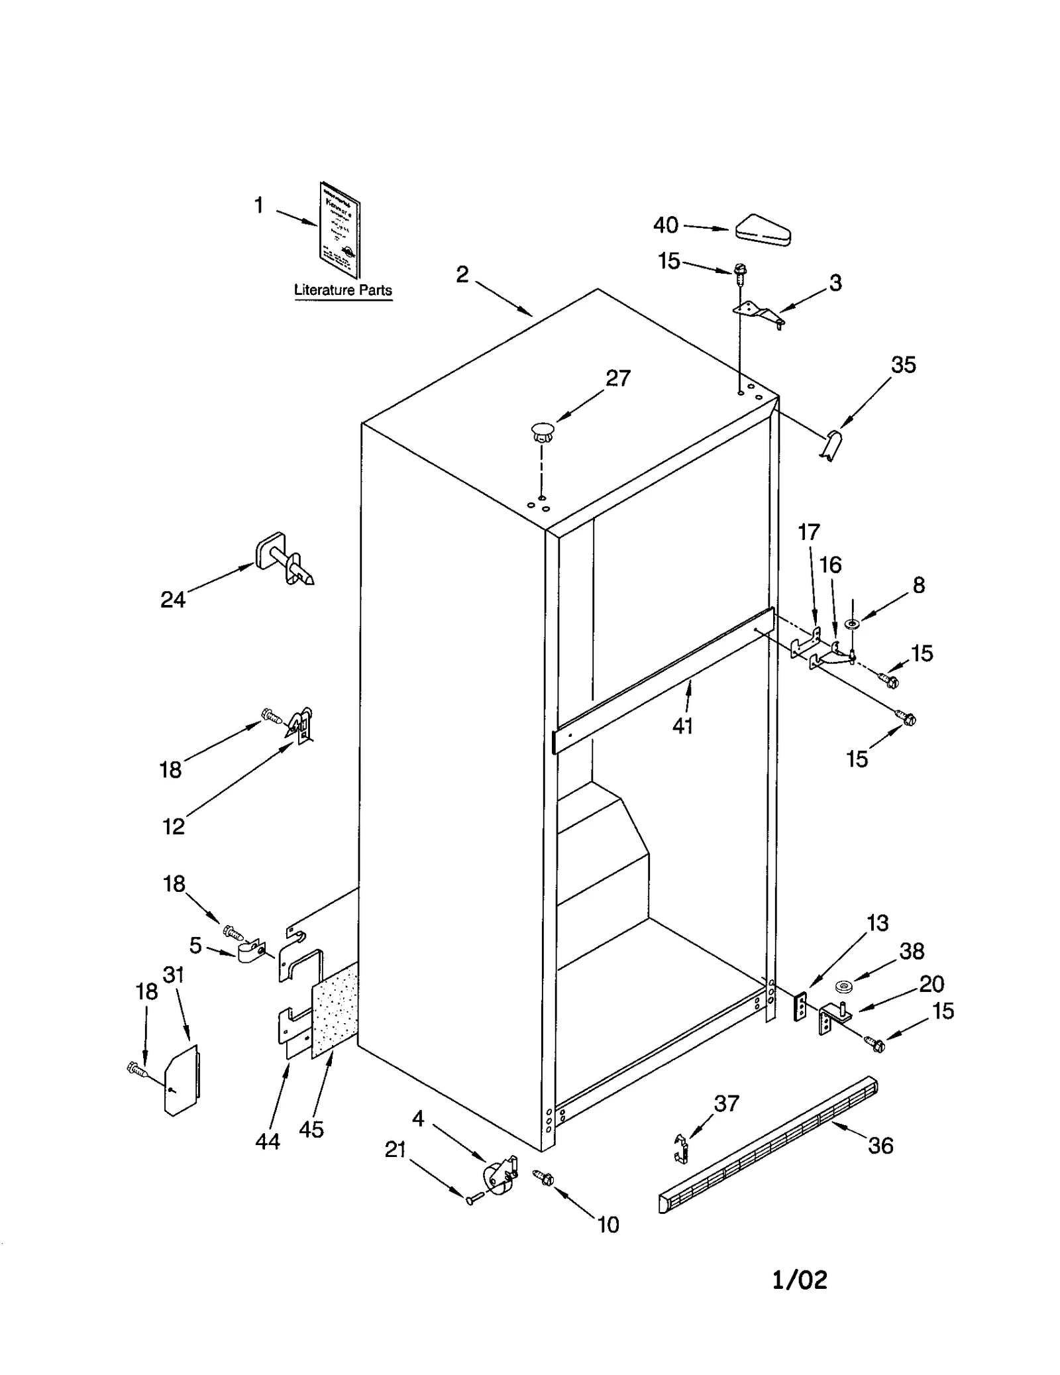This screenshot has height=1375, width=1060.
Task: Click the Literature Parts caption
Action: [343, 290]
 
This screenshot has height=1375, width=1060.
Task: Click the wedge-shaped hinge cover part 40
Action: [763, 231]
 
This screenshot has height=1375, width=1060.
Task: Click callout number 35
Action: [903, 365]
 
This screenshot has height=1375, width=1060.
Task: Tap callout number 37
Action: [726, 1103]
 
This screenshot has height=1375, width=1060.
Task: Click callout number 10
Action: [608, 1225]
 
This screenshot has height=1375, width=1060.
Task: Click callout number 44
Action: [268, 1141]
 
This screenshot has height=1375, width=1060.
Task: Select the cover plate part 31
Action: [181, 1080]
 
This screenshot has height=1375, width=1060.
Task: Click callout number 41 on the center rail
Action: [682, 726]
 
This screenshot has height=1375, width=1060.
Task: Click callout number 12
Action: [174, 826]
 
